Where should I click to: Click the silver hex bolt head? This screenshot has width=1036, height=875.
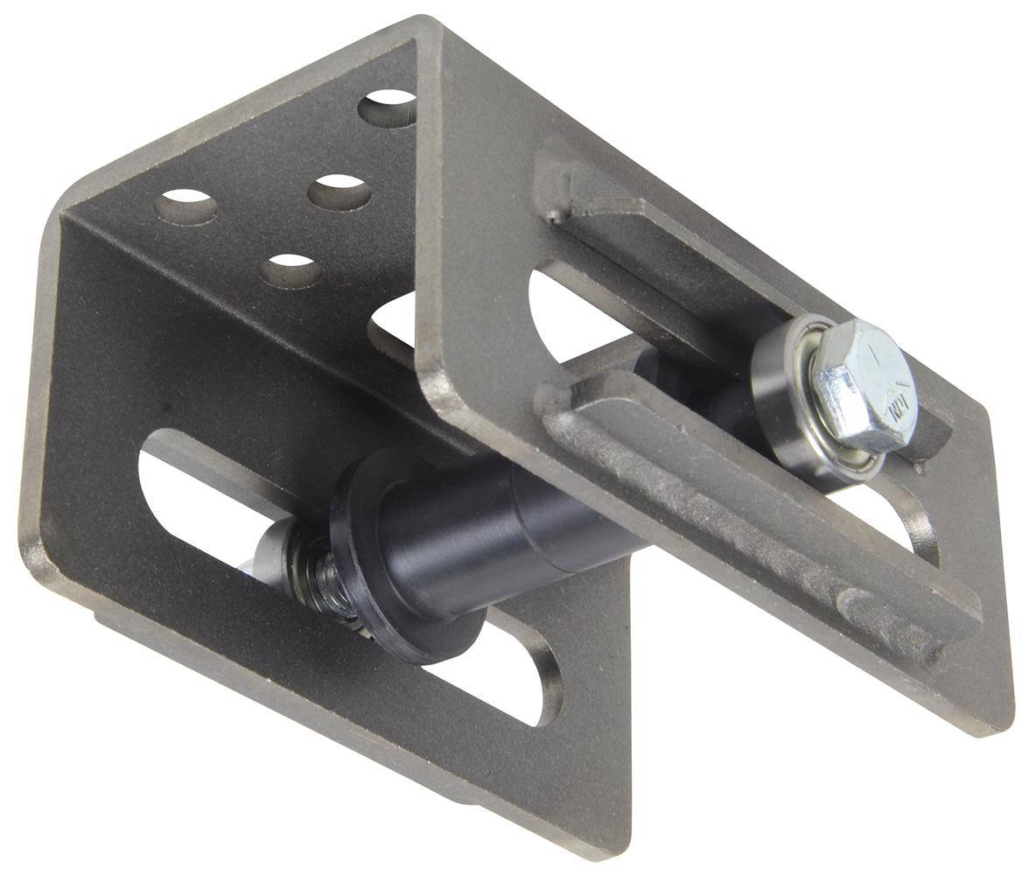tap(862, 385)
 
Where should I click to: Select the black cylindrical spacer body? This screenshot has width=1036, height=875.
tap(490, 534)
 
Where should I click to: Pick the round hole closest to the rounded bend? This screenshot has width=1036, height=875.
tap(185, 206)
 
